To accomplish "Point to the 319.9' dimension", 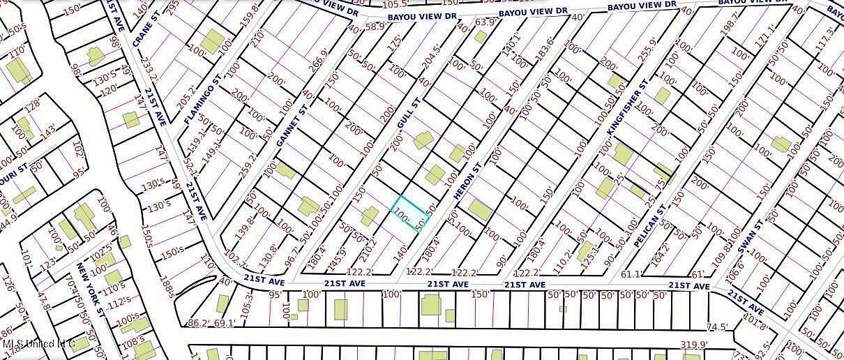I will click(694, 345).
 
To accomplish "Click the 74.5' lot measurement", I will click(717, 327).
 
